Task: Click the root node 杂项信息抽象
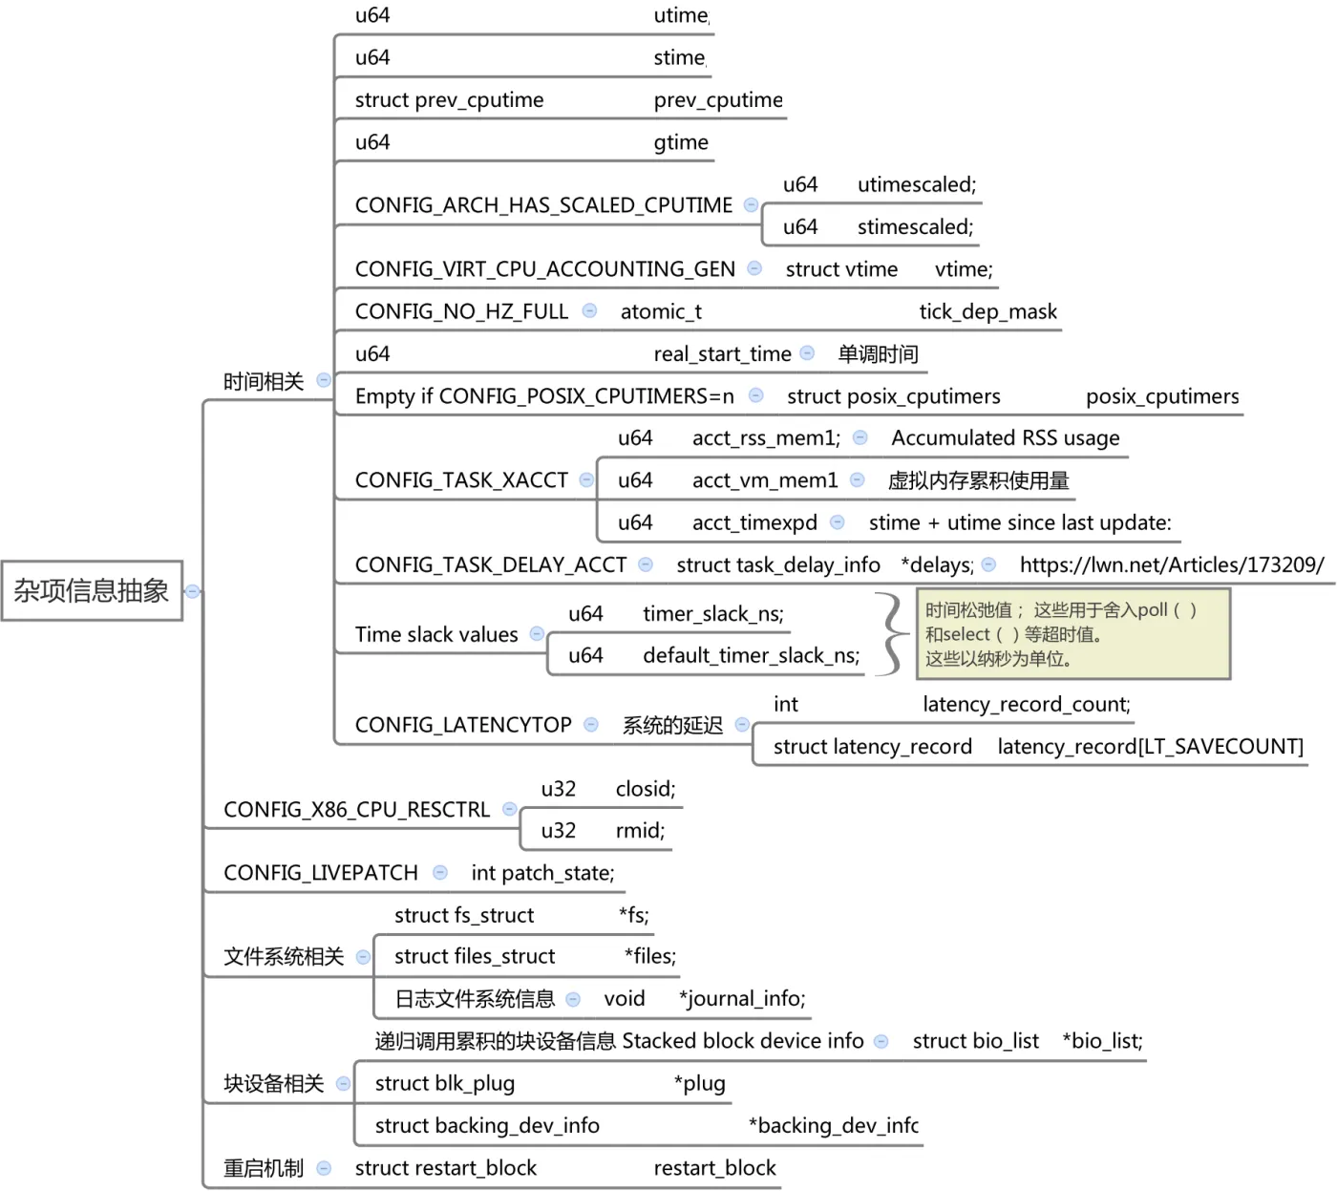(x=92, y=591)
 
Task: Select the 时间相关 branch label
(x=264, y=382)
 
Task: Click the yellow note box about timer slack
(x=1072, y=634)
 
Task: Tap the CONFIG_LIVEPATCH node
(x=321, y=873)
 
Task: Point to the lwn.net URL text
(x=1172, y=564)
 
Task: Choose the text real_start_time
(x=722, y=354)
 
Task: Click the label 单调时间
(x=878, y=354)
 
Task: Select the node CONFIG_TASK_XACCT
(x=461, y=480)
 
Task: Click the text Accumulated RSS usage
(x=1006, y=438)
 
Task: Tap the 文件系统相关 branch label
(x=284, y=957)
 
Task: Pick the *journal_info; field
(x=742, y=999)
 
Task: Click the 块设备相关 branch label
(x=274, y=1084)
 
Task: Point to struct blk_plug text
(x=445, y=1084)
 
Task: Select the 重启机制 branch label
(x=264, y=1168)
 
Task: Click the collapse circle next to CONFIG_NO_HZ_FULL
(x=590, y=311)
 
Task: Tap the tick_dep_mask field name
(x=988, y=311)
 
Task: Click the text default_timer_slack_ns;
(x=751, y=656)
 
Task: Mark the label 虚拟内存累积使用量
(x=978, y=480)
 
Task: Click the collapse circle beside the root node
(x=193, y=591)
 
